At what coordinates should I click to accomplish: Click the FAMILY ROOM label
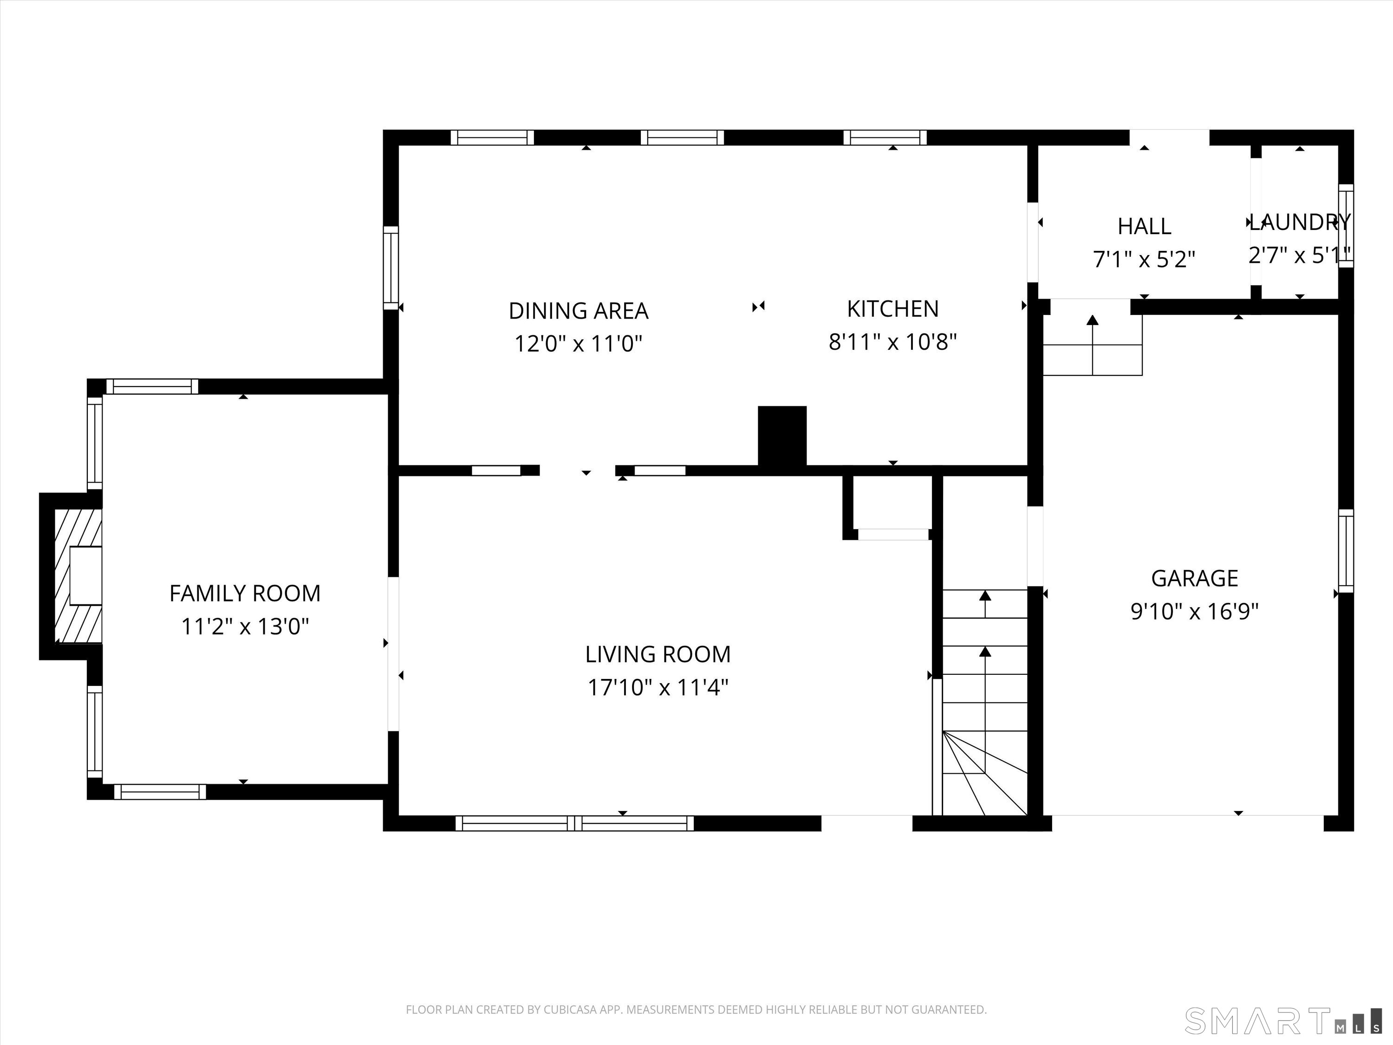pos(245,594)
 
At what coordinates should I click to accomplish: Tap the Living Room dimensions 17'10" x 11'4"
pos(657,687)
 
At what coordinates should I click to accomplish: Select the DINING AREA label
pos(578,311)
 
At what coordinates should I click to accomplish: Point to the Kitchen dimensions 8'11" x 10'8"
pos(892,342)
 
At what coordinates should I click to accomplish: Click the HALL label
pos(1144,226)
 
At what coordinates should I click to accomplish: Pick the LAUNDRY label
pos(1300,222)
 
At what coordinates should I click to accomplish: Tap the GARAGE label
pos(1194,578)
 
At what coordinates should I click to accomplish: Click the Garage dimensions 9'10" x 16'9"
pos(1194,611)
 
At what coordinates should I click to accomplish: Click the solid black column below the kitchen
pos(781,436)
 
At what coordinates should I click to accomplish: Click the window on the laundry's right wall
pos(1345,226)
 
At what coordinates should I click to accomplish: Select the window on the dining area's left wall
pos(391,268)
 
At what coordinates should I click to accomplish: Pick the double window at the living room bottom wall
pos(574,823)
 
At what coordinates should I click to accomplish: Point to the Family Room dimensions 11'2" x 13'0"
pos(245,627)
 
